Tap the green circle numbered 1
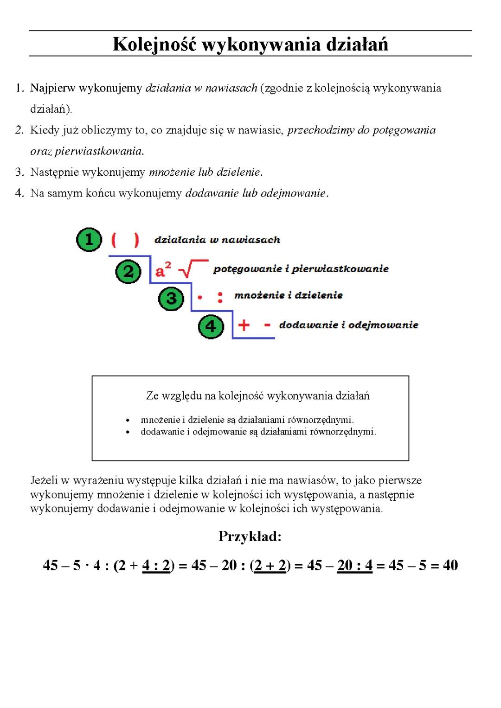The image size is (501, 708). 89,240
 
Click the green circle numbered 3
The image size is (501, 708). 171,298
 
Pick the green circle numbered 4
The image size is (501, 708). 211,326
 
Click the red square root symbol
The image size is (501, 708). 193,269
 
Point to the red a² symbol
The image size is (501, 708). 163,269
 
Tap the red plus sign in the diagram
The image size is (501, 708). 244,325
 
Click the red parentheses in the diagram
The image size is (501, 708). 125,240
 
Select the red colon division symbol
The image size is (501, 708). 220,297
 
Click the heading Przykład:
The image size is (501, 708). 250,536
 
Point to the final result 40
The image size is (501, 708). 450,565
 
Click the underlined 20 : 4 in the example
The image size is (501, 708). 355,566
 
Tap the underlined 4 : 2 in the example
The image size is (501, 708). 156,566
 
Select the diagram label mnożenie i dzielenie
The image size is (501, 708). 288,295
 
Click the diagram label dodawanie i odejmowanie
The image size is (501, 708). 348,325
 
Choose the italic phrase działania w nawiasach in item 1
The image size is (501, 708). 201,88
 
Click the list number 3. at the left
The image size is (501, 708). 19,172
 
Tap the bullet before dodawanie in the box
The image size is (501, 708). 127,432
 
